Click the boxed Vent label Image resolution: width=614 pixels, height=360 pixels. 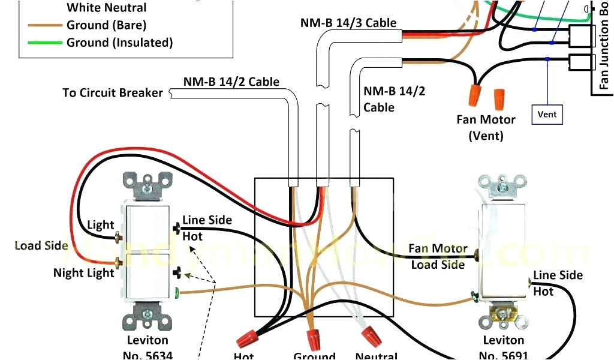[547, 114]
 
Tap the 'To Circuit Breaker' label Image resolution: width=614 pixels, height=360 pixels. [112, 93]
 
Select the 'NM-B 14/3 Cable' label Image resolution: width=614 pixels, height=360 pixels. [348, 23]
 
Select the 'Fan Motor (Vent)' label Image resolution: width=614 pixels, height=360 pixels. [486, 127]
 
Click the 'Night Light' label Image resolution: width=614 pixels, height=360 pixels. [83, 273]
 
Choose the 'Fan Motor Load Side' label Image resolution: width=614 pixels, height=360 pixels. [438, 256]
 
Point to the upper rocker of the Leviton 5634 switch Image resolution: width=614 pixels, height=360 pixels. [148, 228]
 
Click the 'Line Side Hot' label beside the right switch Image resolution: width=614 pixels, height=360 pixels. [558, 283]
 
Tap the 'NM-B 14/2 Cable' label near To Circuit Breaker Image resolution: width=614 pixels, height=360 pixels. [231, 82]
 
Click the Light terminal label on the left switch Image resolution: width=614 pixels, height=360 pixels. [100, 225]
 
